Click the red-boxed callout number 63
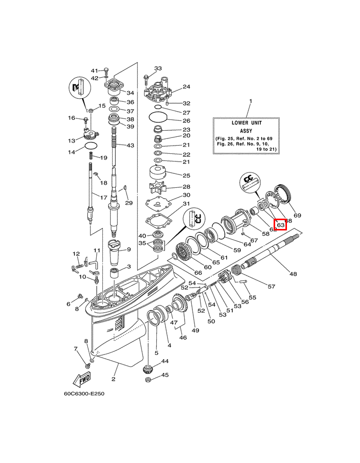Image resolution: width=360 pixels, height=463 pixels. (x=281, y=225)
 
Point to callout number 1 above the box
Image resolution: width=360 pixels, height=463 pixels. (x=250, y=101)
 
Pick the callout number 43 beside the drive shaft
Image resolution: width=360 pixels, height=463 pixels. (x=130, y=146)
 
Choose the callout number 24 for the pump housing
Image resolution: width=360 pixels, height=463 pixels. (x=186, y=87)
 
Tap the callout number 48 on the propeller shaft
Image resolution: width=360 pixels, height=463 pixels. (x=293, y=274)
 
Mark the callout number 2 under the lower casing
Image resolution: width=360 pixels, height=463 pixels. (x=113, y=380)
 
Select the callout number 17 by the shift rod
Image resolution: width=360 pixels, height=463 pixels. (x=103, y=198)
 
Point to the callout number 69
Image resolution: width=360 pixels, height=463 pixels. (x=297, y=215)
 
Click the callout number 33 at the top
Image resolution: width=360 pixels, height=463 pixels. (x=158, y=68)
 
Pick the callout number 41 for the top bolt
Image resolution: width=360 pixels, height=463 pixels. (x=94, y=70)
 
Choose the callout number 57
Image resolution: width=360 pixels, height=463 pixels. (x=272, y=286)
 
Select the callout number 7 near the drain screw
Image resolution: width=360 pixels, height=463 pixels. (x=75, y=349)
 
